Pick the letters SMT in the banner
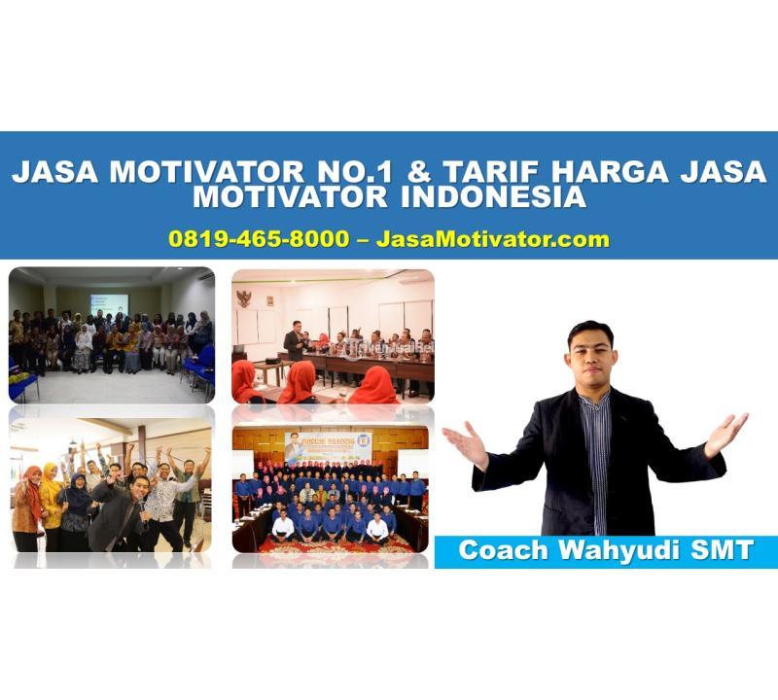coord(721,550)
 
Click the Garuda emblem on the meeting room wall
coord(243,298)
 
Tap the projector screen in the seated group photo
coord(109,303)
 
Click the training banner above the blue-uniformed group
coord(330,447)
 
